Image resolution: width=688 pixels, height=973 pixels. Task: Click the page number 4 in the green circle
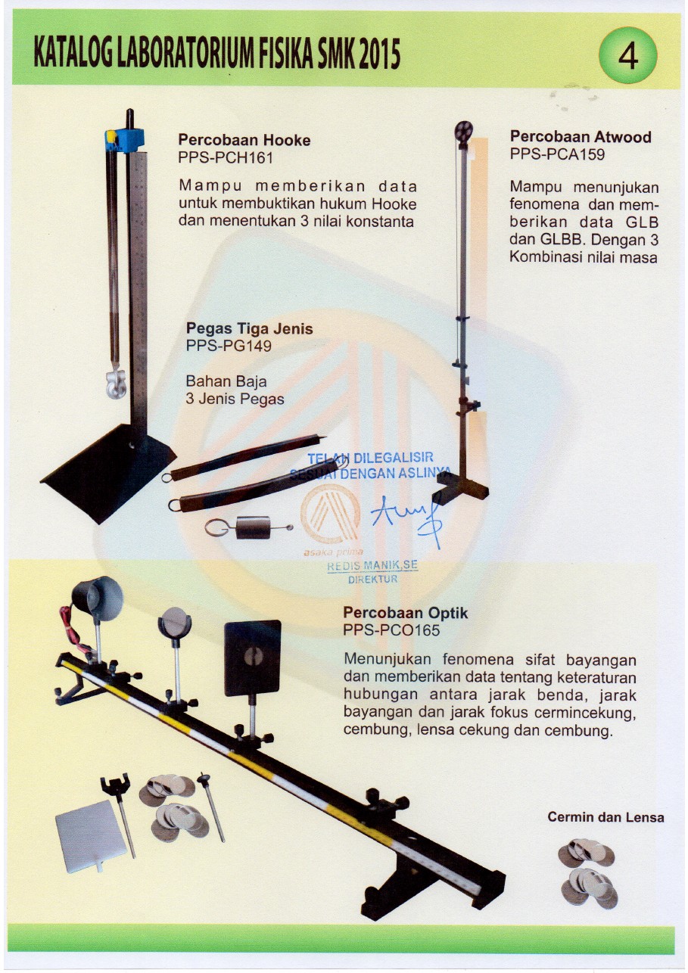627,56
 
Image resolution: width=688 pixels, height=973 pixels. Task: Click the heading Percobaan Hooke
244,140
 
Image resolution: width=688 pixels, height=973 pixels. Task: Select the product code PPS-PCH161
226,157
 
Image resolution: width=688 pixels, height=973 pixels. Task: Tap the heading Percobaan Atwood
581,137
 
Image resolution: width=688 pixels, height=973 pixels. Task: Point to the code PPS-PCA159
558,154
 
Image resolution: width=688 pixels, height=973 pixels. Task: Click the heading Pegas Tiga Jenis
250,328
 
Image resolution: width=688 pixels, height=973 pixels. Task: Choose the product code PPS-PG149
229,346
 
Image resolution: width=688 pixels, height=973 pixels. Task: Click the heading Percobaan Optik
406,612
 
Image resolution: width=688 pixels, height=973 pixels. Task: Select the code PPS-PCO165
391,629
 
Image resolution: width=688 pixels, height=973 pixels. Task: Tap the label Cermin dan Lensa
606,817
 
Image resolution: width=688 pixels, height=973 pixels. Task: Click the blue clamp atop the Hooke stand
124,139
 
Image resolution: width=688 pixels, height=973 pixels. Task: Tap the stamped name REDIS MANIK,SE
372,565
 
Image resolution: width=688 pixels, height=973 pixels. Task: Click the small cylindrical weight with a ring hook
249,528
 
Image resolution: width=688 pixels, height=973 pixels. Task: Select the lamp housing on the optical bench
98,597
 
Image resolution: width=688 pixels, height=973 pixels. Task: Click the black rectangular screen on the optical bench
253,657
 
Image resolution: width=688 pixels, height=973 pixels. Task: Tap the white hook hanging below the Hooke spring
116,383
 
